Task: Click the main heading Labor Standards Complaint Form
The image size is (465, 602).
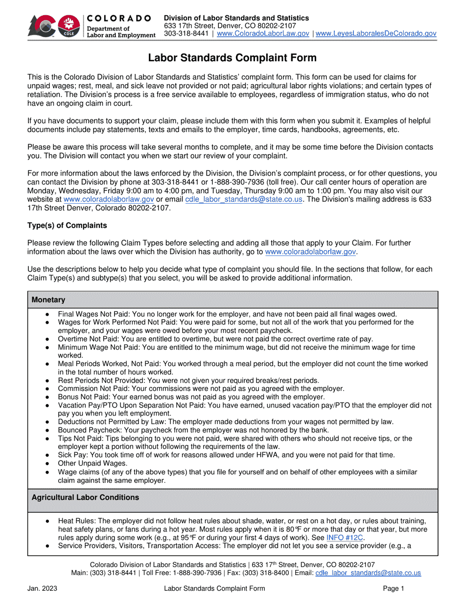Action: (x=232, y=58)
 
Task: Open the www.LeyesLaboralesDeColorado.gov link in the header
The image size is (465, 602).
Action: (x=376, y=34)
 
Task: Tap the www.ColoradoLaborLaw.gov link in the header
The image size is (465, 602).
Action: (x=262, y=34)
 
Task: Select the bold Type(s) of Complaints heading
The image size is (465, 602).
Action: (x=67, y=225)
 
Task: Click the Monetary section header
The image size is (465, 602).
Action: (x=48, y=299)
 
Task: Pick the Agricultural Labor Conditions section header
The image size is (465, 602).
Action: (x=85, y=498)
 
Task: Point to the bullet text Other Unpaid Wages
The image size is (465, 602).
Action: (x=92, y=463)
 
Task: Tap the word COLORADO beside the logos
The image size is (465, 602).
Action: (x=119, y=18)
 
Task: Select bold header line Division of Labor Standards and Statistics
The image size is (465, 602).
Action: (x=236, y=18)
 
